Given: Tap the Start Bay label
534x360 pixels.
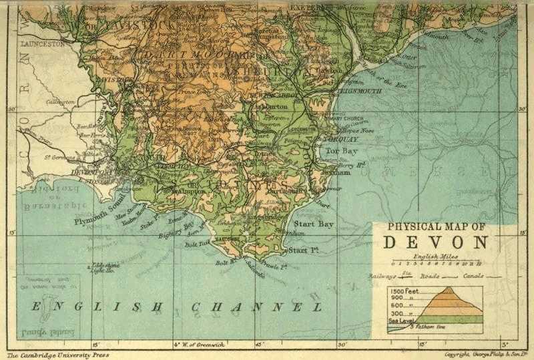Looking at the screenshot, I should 314,224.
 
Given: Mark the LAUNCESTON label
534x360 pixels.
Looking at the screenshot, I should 43,42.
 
